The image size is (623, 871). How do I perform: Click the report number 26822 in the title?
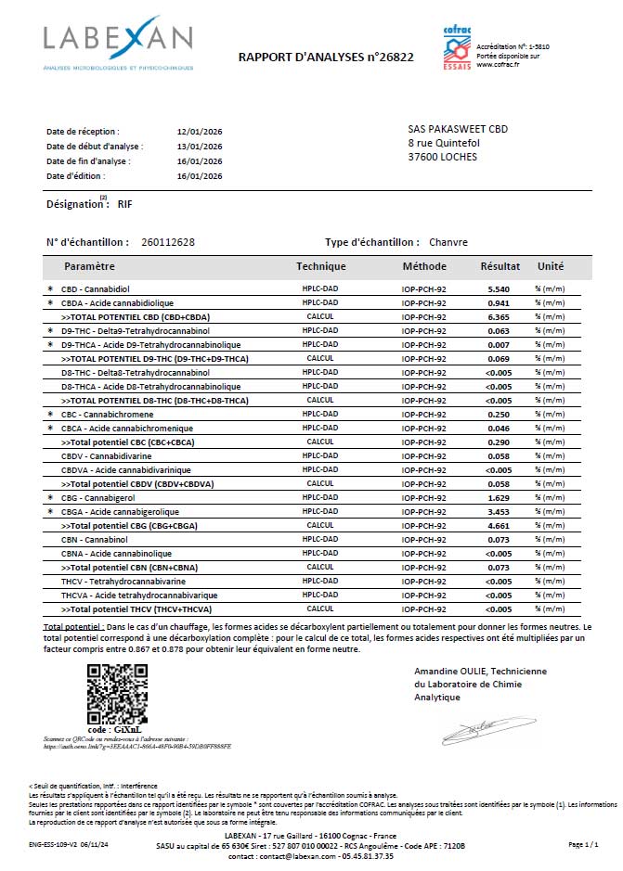coord(395,57)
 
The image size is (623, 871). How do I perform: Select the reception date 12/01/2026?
coord(200,132)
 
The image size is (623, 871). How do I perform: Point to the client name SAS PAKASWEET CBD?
coord(458,129)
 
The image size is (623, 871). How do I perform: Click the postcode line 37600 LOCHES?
coord(443,157)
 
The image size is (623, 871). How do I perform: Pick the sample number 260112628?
coord(168,242)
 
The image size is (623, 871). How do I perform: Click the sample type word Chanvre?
coord(448,242)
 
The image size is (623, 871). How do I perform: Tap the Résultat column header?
coord(500,266)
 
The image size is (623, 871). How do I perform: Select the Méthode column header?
coord(424,266)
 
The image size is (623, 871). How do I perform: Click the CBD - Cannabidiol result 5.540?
coord(499,289)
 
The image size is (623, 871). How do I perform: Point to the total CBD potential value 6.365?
coord(499,316)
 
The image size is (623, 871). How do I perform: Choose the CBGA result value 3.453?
coord(499,512)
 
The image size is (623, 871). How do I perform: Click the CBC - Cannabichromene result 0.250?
coord(499,415)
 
